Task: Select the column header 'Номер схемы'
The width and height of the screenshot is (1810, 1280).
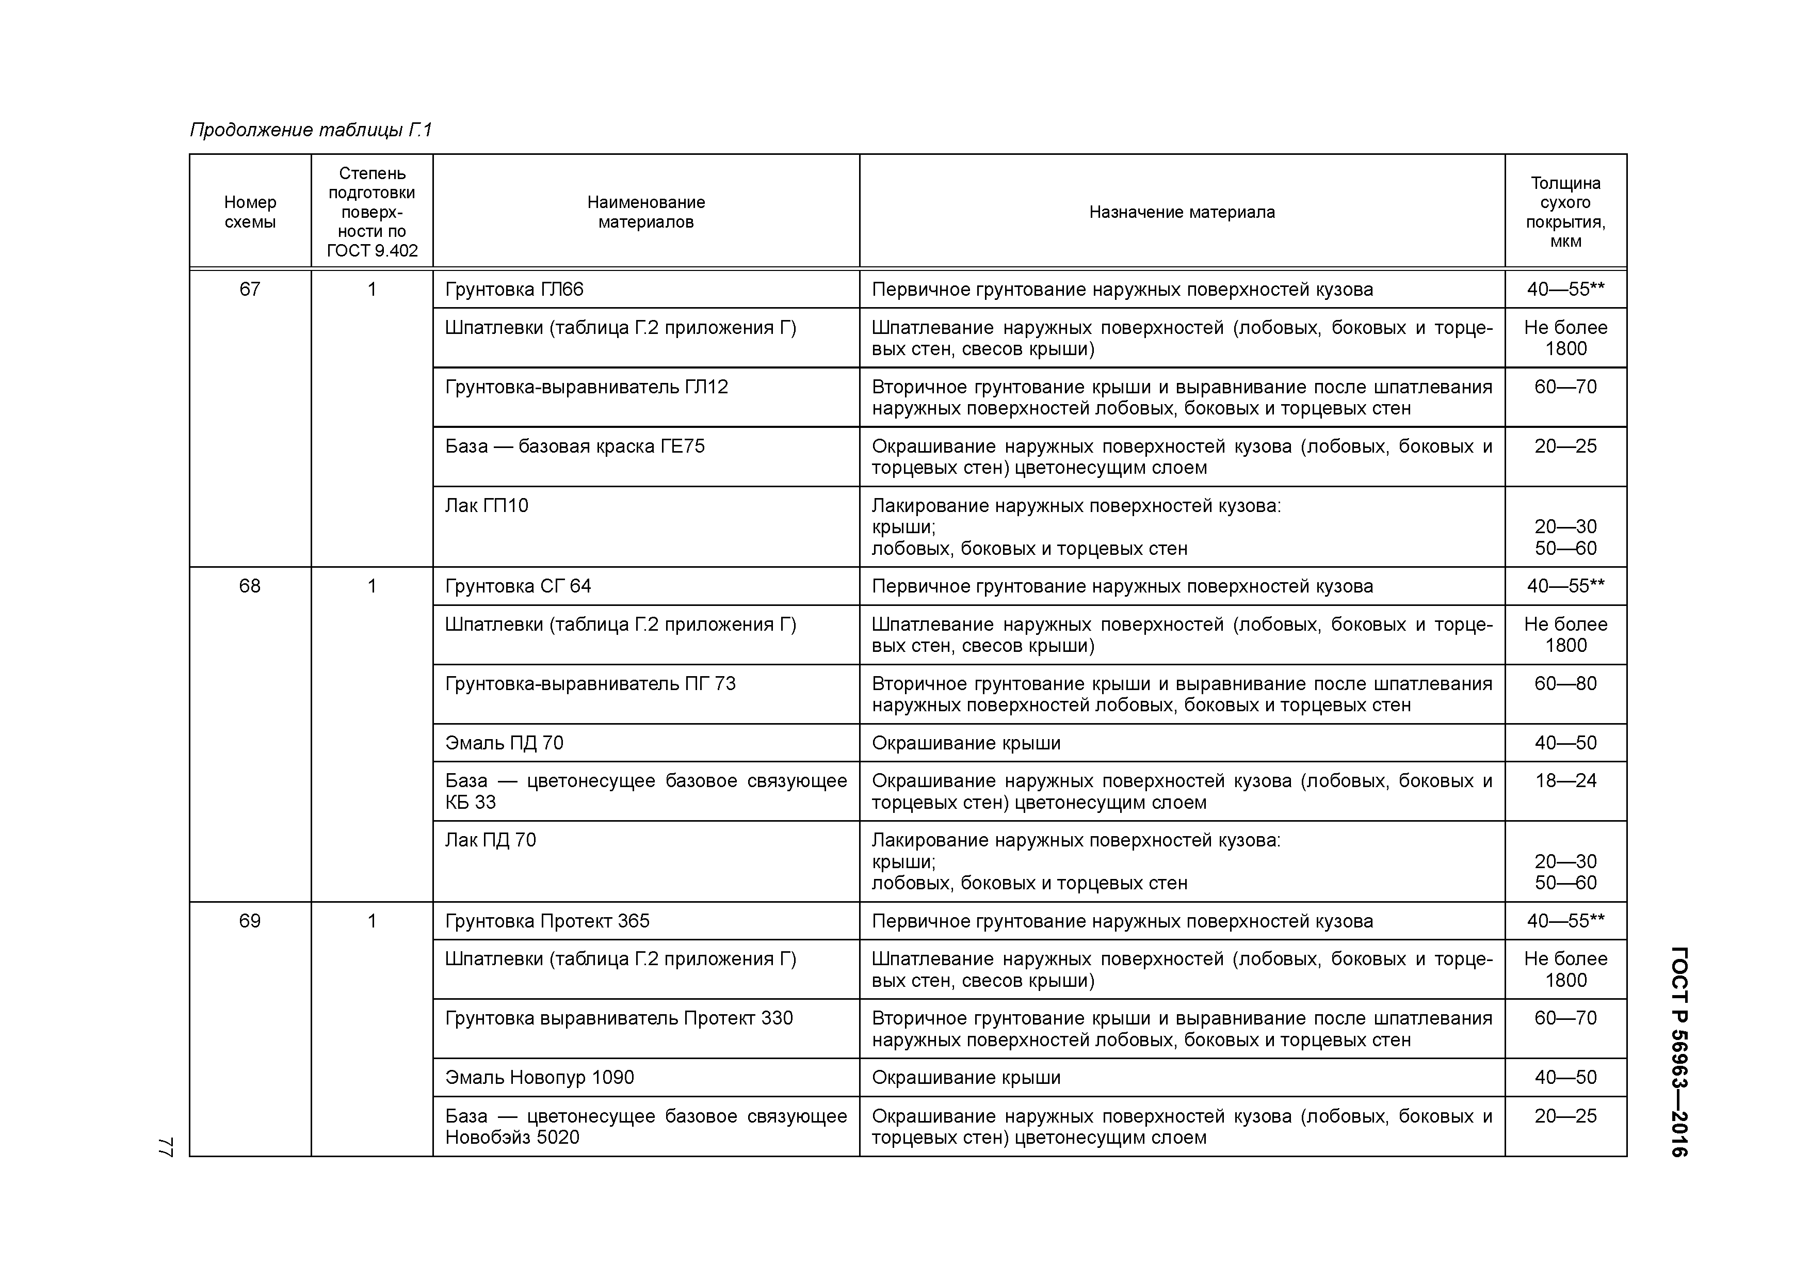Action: point(250,212)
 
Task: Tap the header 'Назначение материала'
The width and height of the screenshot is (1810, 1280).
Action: point(1181,212)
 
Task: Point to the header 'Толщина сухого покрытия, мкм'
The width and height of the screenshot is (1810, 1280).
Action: point(1565,212)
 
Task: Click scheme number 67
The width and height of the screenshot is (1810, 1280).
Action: point(250,290)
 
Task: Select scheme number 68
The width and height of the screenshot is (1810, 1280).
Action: point(250,586)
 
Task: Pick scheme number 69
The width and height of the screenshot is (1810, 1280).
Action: point(250,921)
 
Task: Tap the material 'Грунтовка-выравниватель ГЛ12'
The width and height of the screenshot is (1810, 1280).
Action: point(587,387)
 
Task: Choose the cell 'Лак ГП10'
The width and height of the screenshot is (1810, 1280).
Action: point(487,505)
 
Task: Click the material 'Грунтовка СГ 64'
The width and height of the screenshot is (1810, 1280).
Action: point(518,586)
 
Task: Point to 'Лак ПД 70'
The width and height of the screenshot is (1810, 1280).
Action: point(490,840)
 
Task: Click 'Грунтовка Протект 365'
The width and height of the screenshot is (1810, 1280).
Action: point(547,921)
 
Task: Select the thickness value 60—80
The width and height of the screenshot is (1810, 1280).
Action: point(1565,684)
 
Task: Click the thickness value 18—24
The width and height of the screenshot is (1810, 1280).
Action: point(1565,781)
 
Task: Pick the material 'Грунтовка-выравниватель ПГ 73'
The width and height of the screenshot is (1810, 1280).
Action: point(590,684)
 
